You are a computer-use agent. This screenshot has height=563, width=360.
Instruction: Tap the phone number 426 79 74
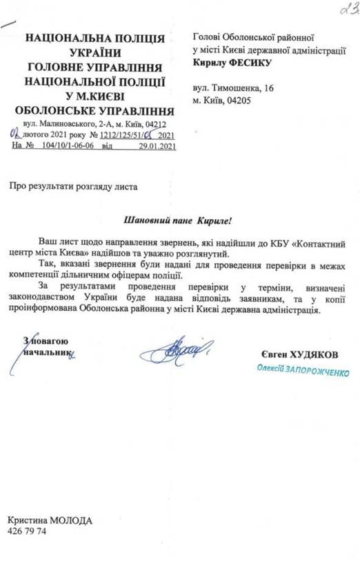(27, 533)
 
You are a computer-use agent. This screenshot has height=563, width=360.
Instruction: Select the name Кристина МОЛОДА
(49, 521)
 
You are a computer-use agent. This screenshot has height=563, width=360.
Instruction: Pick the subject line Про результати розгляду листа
(74, 186)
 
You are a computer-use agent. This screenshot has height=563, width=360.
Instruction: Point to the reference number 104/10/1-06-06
(66, 146)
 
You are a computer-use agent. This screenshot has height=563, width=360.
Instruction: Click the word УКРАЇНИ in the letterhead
(94, 52)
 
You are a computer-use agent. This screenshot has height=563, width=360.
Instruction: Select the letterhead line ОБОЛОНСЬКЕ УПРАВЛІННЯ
(95, 110)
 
